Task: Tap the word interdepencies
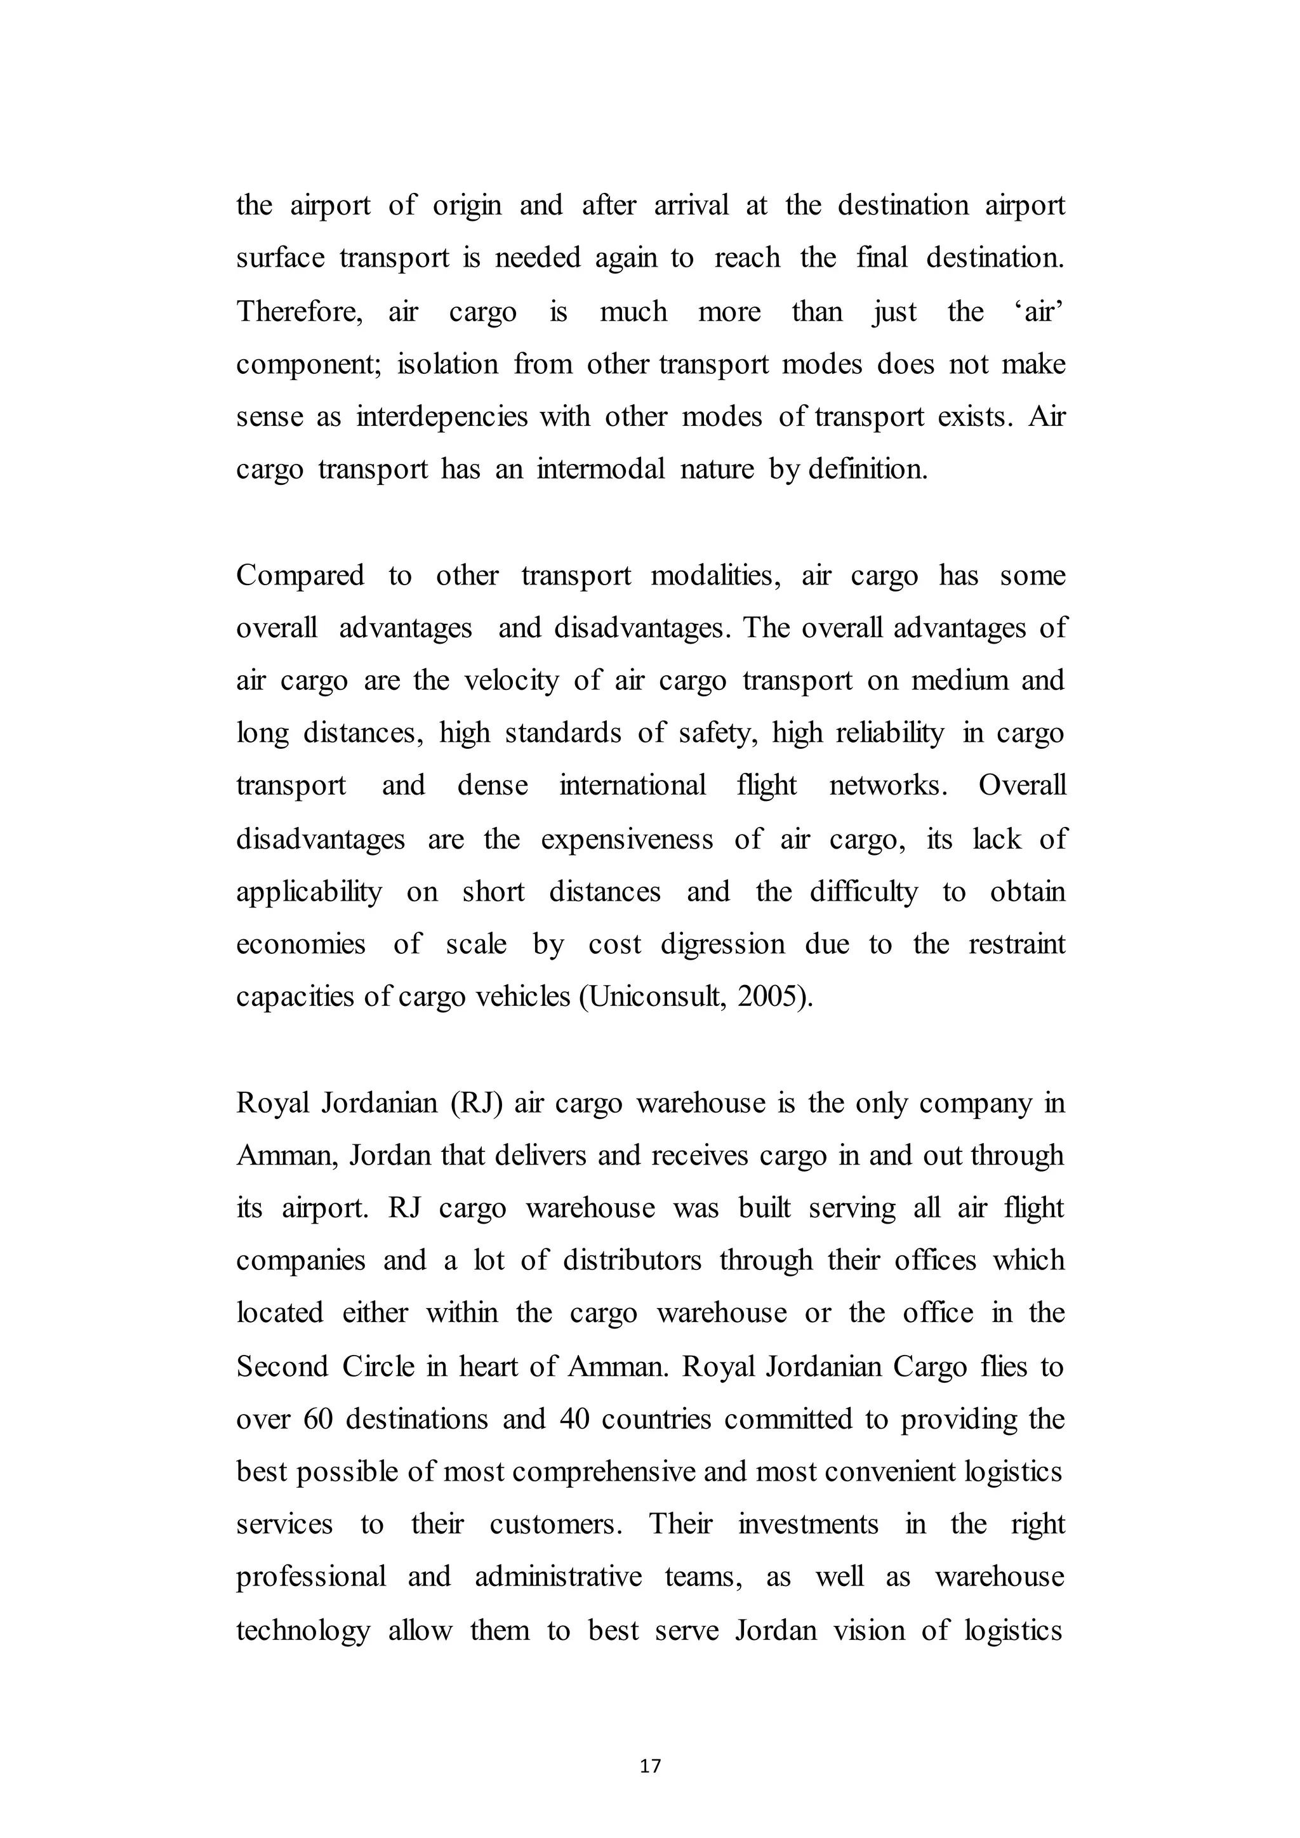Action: [442, 416]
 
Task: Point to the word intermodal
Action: [600, 468]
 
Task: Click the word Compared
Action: [300, 576]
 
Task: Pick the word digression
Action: [723, 944]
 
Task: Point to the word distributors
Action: [632, 1260]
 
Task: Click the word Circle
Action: [378, 1366]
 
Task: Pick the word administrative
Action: [558, 1577]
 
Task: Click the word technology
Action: [303, 1630]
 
